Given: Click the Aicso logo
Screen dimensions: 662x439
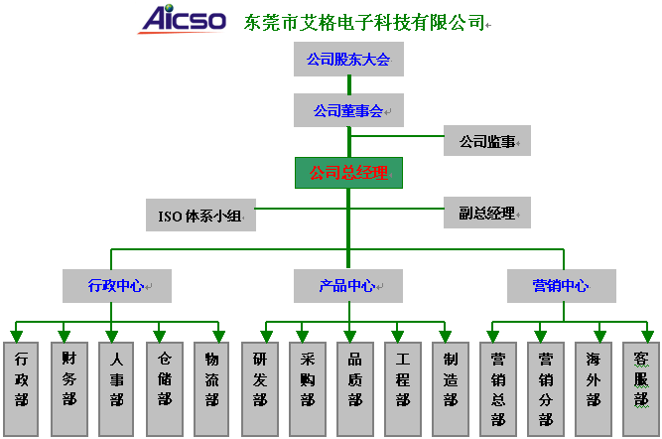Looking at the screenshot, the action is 183,20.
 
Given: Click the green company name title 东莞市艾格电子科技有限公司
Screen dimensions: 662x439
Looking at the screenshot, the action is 364,23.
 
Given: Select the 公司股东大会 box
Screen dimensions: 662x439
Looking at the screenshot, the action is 348,59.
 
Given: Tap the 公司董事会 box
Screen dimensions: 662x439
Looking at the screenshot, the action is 348,110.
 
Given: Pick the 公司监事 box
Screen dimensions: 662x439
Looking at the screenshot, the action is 486,141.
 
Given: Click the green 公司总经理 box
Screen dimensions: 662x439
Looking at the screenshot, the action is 348,173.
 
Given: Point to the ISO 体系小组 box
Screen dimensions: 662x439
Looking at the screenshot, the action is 200,216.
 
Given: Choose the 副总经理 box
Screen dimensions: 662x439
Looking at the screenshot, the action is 486,213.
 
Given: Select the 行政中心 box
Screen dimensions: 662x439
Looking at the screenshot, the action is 117,286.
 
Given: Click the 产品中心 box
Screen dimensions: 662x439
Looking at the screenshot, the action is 348,286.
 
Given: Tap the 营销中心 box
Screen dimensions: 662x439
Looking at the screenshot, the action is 562,286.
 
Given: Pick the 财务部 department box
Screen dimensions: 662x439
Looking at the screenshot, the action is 69,389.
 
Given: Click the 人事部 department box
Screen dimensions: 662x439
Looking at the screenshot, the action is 116,389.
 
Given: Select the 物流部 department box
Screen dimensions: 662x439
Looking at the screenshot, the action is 211,389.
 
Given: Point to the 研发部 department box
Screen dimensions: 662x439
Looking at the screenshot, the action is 260,389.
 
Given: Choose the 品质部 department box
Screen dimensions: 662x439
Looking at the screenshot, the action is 355,389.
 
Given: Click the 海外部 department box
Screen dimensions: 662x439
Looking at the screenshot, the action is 594,389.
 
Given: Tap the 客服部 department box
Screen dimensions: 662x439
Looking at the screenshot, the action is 641,389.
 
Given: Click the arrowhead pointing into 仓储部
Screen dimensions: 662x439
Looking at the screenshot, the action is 159,337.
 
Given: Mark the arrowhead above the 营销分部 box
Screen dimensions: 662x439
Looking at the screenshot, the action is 540,337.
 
